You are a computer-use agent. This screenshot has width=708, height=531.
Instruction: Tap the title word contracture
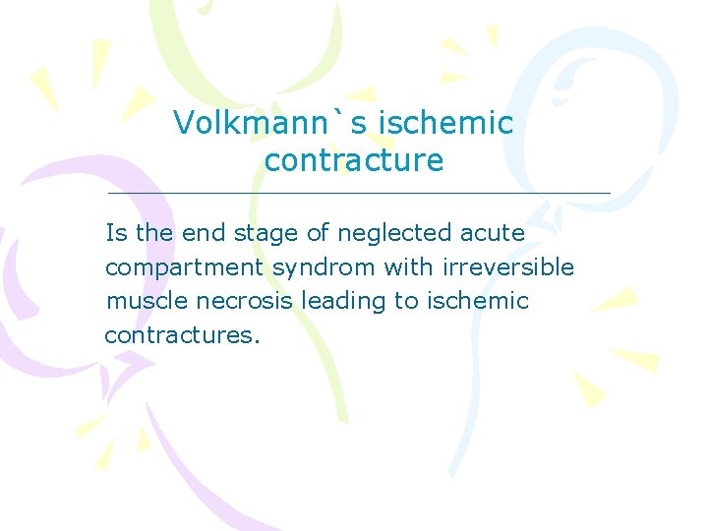pyautogui.click(x=354, y=159)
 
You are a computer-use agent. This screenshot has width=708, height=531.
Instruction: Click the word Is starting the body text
pyautogui.click(x=116, y=233)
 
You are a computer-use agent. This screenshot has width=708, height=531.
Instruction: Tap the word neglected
pyautogui.click(x=394, y=234)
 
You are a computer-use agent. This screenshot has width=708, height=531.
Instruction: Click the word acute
pyautogui.click(x=493, y=233)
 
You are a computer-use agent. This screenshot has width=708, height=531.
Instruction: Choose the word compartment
pyautogui.click(x=184, y=267)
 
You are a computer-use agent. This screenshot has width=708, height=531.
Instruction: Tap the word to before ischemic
pyautogui.click(x=407, y=301)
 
